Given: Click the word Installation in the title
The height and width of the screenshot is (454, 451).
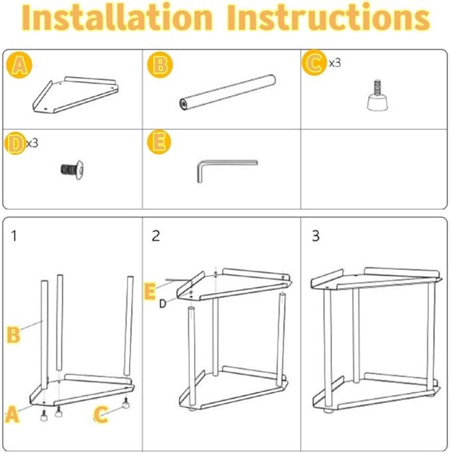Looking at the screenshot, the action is tap(118, 17).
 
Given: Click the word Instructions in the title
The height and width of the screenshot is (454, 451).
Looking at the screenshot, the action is tap(328, 17).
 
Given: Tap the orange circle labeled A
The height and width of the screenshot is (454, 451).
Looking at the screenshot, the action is tap(19, 65).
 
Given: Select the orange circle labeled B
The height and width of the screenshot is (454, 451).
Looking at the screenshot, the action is tap(160, 65).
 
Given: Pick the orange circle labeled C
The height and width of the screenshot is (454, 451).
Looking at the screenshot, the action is tap(314, 62).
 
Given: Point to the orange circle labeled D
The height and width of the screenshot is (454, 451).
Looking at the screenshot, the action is tap(16, 143).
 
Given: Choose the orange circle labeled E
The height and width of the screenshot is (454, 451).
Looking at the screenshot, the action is tap(159, 142).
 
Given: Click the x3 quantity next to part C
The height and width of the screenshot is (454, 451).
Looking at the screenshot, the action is tap(335, 63).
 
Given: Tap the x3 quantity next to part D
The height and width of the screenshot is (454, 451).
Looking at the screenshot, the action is tap(32, 143).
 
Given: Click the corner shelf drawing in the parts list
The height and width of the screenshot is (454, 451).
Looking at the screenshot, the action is tap(75, 95).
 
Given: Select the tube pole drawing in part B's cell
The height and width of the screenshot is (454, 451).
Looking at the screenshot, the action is tap(227, 92).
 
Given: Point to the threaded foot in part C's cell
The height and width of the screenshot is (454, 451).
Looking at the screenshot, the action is tap(377, 96).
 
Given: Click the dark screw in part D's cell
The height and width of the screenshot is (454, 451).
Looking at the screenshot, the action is tap(72, 169).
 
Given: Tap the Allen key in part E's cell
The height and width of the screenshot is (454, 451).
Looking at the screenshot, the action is tap(227, 171).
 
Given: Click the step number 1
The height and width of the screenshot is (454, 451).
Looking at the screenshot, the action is tap(14, 236).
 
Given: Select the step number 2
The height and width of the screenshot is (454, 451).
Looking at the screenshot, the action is tap(156, 236).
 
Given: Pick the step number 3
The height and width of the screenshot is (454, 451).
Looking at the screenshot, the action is tap(316, 236).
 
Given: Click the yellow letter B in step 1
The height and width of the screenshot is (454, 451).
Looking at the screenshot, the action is tap(13, 335).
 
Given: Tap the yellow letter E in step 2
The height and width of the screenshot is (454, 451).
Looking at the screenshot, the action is tap(149, 291).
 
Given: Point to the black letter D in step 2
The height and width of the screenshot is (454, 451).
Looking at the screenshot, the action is tap(163, 304).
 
